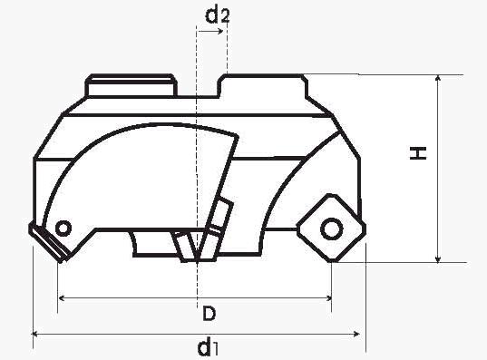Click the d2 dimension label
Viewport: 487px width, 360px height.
tap(218, 15)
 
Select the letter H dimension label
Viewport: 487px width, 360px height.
tap(418, 153)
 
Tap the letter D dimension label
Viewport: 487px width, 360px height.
tap(209, 313)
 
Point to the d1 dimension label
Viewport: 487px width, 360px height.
tap(208, 347)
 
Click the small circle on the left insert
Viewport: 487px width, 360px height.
tap(63, 229)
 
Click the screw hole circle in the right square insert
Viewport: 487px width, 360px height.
tap(332, 229)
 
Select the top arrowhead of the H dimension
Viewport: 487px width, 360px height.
tap(438, 78)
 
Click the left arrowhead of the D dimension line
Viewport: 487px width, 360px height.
tap(62, 298)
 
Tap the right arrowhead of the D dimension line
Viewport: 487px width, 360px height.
tap(328, 298)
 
